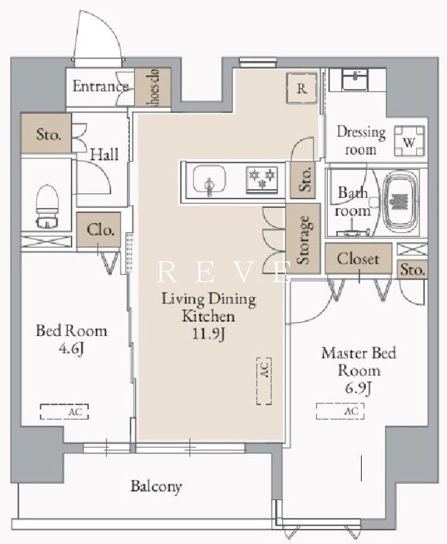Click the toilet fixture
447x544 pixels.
point(47,207)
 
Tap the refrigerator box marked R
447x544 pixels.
point(301,89)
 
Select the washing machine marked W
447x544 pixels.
point(409,141)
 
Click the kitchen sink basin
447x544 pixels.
point(209,179)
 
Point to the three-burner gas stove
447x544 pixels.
point(262,180)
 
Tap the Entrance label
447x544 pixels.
point(100,86)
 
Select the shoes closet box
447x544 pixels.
point(153,87)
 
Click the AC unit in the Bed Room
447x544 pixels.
point(65,411)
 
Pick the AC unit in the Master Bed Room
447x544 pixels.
point(340,411)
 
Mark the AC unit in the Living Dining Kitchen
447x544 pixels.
point(264,381)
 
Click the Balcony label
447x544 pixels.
point(156,486)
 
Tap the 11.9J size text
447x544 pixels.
point(209,334)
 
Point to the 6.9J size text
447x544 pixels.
point(358,389)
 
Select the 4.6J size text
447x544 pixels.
point(72,349)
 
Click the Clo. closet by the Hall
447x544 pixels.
point(99,230)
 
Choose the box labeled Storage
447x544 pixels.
point(303,239)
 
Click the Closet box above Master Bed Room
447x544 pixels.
point(358,258)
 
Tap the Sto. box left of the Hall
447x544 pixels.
point(46,133)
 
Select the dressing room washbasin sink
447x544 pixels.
point(355,79)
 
